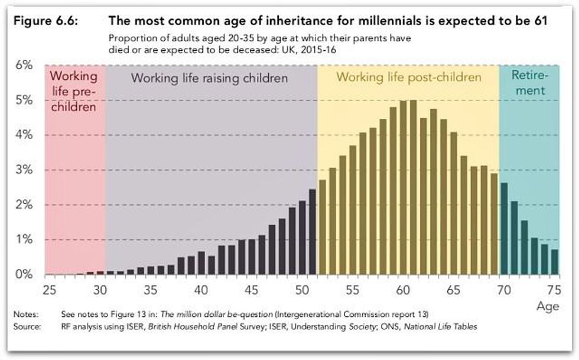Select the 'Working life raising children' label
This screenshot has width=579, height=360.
coord(209,78)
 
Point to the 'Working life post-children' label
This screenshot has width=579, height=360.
coord(408,77)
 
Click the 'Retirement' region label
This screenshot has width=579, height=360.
coord(528,84)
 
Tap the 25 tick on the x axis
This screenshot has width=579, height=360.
coord(48,290)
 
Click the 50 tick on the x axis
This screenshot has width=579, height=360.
coord(302,290)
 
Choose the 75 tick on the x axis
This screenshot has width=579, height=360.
coord(554,290)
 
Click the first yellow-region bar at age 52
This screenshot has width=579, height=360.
coord(323,228)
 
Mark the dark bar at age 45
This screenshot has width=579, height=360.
coord(252,257)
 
